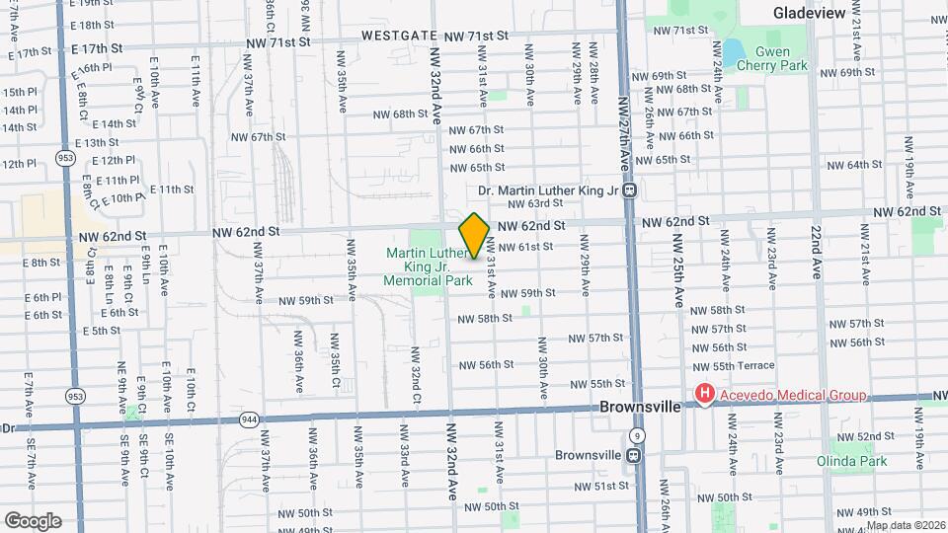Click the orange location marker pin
pyautogui.click(x=474, y=235)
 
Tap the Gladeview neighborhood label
pyautogui.click(x=809, y=13)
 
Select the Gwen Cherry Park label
pyautogui.click(x=781, y=58)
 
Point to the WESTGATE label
pyautogui.click(x=399, y=35)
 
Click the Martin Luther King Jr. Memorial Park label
pyautogui.click(x=426, y=266)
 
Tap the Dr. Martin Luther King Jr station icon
pyautogui.click(x=629, y=190)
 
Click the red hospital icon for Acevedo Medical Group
pyautogui.click(x=704, y=395)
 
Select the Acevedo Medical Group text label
pyautogui.click(x=791, y=396)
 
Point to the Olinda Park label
pyautogui.click(x=851, y=461)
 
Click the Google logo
pyautogui.click(x=33, y=520)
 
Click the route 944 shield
pyautogui.click(x=249, y=419)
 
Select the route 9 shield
pyautogui.click(x=639, y=435)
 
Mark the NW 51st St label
pyautogui.click(x=603, y=486)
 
